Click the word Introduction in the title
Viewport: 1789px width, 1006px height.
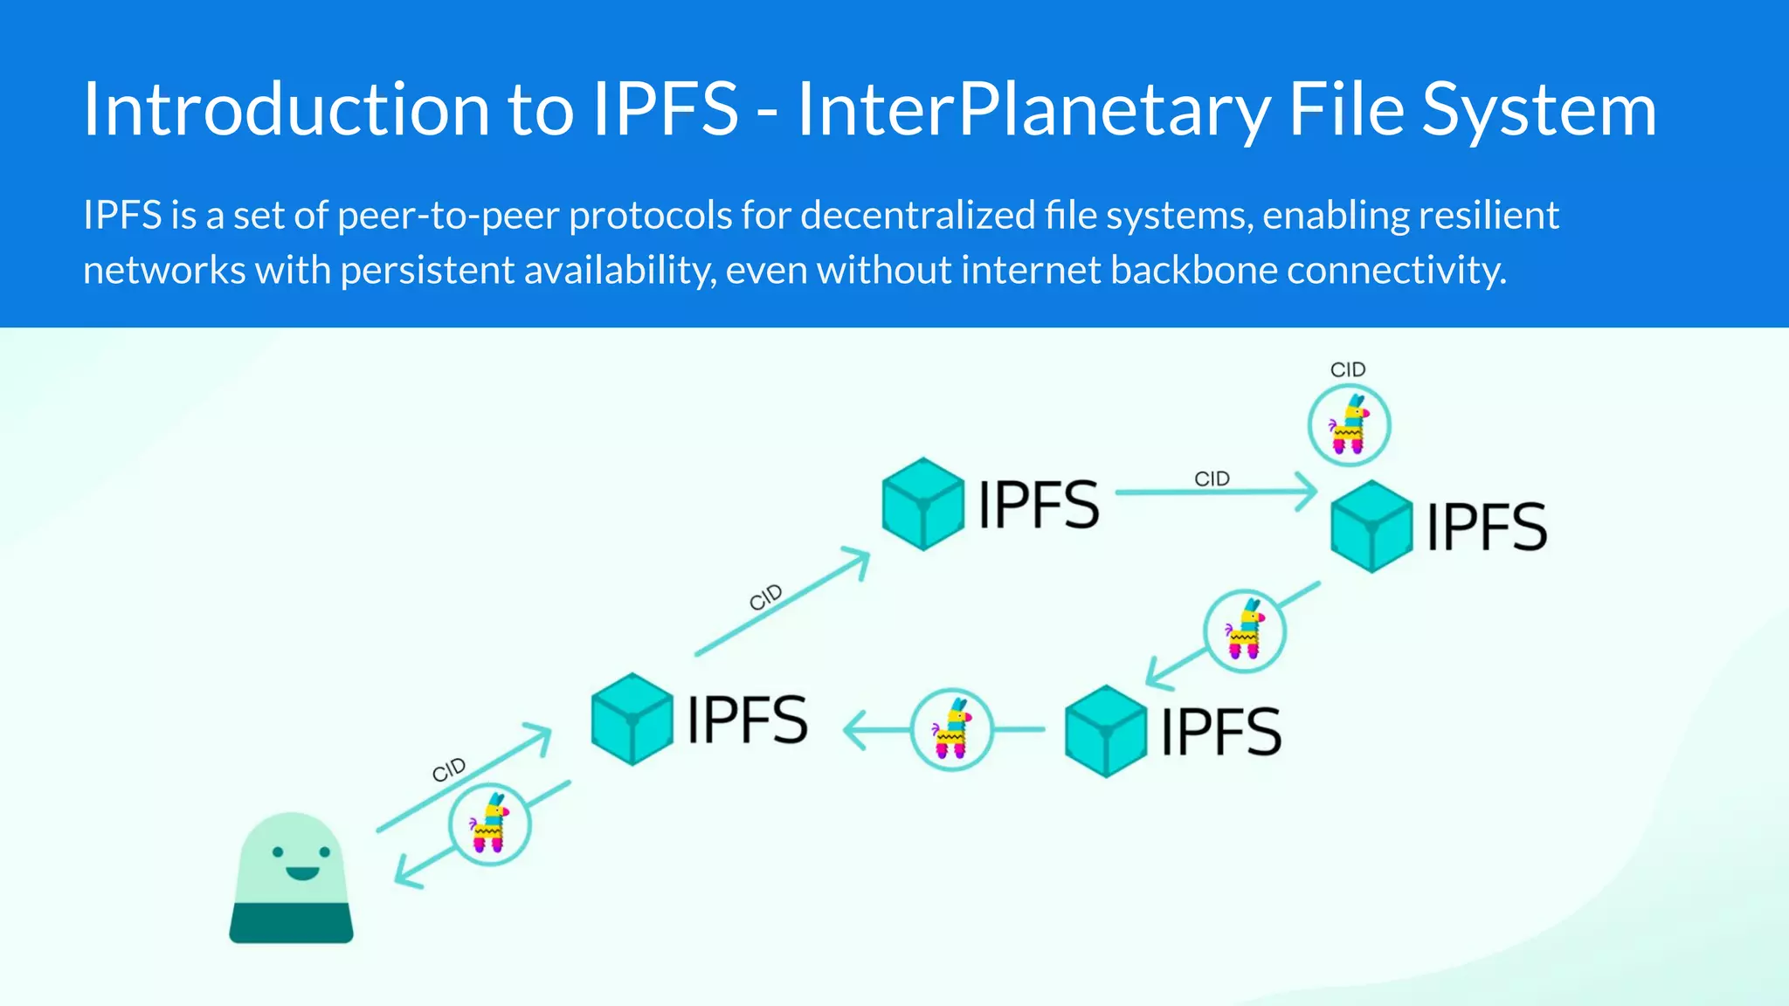[286, 110]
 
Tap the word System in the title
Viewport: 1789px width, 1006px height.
[1539, 110]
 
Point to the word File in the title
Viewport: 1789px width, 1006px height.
[1345, 110]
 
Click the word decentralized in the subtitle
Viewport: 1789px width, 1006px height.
[917, 216]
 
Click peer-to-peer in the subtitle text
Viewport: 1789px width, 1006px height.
[447, 216]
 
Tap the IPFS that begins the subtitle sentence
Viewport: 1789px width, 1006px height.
[122, 216]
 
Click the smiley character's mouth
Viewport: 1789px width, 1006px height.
[302, 872]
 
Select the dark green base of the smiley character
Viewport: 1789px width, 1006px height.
[291, 923]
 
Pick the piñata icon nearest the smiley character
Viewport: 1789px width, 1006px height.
[489, 823]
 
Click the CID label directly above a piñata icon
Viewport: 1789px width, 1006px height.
[1348, 370]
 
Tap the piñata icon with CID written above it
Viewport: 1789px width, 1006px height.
[1349, 425]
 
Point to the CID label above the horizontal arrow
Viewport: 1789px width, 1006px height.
[1212, 479]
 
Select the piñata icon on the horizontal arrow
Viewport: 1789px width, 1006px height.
[951, 729]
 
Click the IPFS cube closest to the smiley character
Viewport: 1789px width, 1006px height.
[632, 719]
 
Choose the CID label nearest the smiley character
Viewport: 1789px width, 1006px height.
[449, 769]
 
